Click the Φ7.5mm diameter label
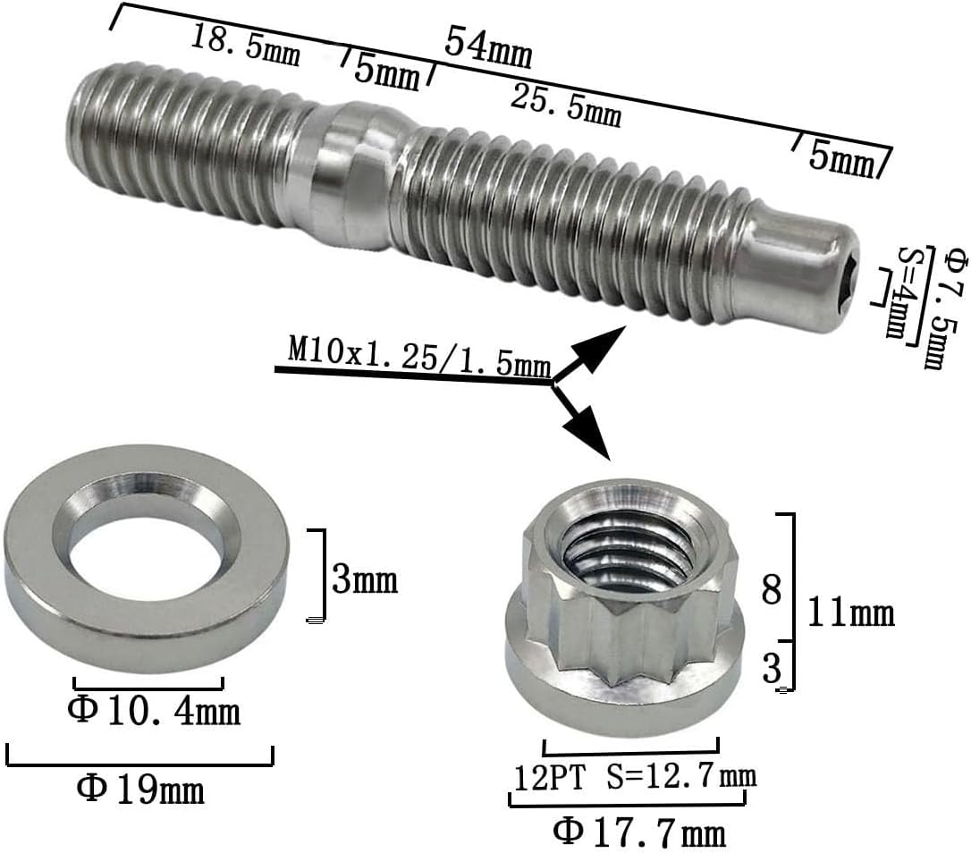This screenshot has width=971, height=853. click(x=933, y=294)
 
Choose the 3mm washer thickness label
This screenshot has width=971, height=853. click(x=364, y=580)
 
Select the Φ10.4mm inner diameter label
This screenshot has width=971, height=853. click(x=154, y=712)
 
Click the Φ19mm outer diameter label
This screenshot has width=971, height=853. click(x=140, y=788)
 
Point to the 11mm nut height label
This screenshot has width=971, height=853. click(x=850, y=613)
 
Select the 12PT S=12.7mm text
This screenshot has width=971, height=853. click(x=634, y=777)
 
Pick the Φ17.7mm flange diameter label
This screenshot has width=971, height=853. click(x=639, y=832)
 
